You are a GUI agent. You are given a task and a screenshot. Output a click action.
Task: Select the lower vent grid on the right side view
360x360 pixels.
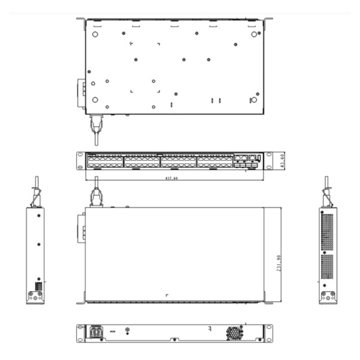(327, 266)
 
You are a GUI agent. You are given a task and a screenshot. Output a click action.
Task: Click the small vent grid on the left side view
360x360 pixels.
(39, 286)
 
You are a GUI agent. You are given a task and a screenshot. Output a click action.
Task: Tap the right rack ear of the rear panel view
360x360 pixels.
(267, 332)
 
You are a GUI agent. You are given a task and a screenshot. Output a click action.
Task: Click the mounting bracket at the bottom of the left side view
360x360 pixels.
(34, 296)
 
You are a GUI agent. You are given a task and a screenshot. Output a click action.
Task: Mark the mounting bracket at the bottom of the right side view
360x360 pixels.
(328, 296)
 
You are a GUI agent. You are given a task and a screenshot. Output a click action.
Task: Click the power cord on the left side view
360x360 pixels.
(36, 193)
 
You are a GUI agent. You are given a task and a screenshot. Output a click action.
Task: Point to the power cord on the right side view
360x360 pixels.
(327, 193)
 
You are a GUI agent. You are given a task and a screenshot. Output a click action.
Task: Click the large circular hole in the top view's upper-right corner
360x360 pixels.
(254, 34)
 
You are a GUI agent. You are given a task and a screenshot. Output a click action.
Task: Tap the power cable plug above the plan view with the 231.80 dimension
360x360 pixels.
(94, 196)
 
